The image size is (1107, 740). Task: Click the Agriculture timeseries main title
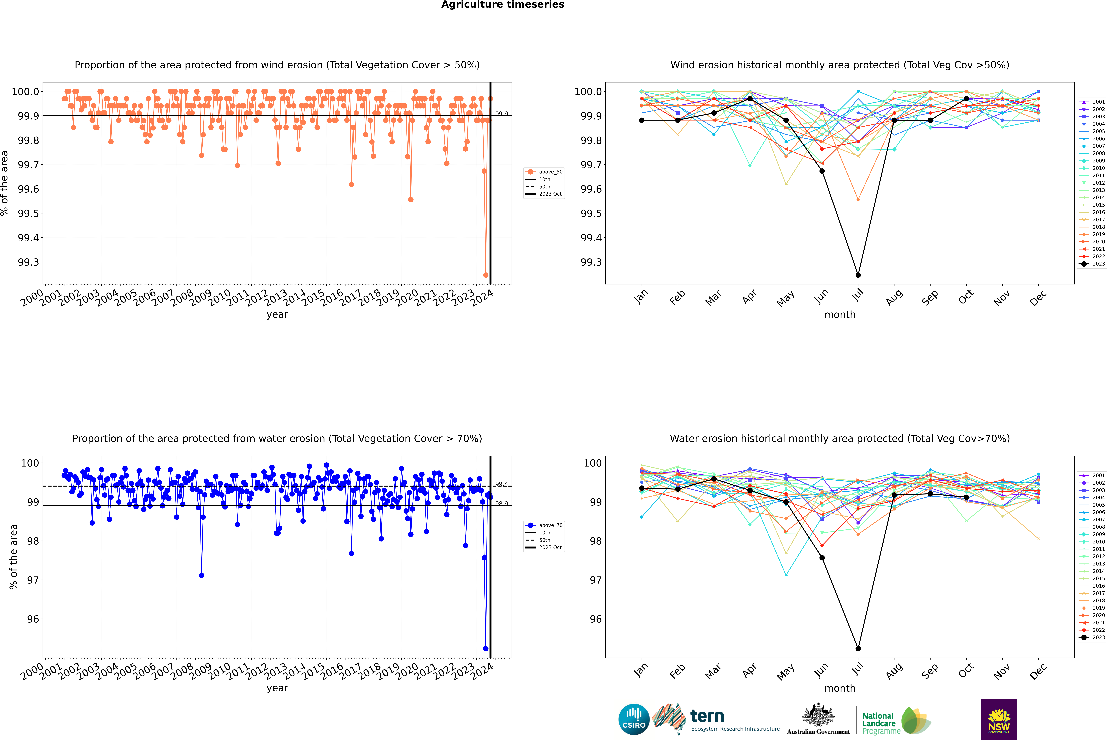point(503,5)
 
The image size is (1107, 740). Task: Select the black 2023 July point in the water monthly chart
point(858,648)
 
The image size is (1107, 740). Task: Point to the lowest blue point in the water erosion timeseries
point(486,648)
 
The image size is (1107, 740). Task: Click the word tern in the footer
point(707,716)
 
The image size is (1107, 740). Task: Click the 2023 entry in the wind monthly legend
point(1098,264)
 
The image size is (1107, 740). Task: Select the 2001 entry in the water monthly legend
point(1098,475)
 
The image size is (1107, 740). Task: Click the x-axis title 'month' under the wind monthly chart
point(839,315)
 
